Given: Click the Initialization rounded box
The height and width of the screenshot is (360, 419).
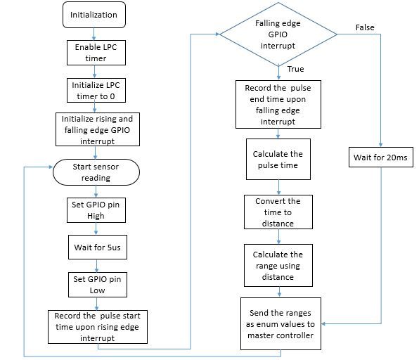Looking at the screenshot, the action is pos(94,15).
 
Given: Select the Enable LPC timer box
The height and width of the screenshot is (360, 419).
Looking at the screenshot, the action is pos(96,53).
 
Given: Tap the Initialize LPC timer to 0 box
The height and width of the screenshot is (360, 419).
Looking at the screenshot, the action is pos(96,90).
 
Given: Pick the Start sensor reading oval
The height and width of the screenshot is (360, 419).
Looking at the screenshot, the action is pos(96,172).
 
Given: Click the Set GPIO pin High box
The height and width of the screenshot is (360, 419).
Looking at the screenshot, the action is pos(96,210).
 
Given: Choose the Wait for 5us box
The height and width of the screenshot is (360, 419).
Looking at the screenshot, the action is pos(98,247).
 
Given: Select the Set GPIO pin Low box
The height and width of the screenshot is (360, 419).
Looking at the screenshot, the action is pos(98,285).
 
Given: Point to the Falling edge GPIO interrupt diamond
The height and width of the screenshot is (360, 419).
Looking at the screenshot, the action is pos(278,34).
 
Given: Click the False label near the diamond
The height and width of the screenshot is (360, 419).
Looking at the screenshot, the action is pos(365,27).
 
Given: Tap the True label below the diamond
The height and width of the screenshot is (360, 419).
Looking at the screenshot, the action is pos(295,69).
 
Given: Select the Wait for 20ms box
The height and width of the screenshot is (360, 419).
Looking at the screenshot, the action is pos(381,157).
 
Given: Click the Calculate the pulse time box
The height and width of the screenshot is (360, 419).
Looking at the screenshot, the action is pos(278,160).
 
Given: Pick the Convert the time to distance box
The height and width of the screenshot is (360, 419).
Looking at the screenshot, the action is pos(278,212).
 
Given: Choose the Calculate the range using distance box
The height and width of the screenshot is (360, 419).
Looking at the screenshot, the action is pos(278,265).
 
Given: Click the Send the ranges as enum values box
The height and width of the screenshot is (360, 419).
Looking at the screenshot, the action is pos(281,323).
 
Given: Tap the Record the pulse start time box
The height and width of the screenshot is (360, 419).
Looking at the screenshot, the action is pos(98,327).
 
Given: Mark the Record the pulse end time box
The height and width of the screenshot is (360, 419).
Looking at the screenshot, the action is pos(278,105).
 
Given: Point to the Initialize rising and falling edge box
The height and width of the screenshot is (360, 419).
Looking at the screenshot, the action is pos(98,129).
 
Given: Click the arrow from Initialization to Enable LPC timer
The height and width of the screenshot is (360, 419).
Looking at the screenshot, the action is pos(94,34).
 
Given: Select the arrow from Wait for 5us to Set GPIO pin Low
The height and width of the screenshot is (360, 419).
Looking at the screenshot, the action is pos(96,266).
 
